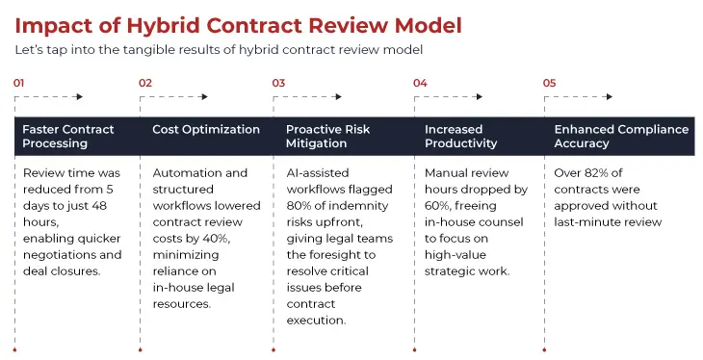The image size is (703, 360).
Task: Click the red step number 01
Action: [x=18, y=83]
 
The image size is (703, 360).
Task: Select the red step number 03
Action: [x=278, y=83]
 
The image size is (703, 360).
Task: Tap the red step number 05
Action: [x=549, y=83]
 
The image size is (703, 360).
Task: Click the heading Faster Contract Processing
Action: [x=67, y=136]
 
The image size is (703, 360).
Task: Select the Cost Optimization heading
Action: [x=206, y=129]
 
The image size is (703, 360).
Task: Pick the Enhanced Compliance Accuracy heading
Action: [x=621, y=136]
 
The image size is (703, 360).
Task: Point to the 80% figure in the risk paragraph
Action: [x=299, y=206]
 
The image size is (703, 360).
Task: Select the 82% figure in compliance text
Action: [x=597, y=173]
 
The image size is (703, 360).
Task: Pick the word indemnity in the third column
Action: [x=353, y=206]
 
